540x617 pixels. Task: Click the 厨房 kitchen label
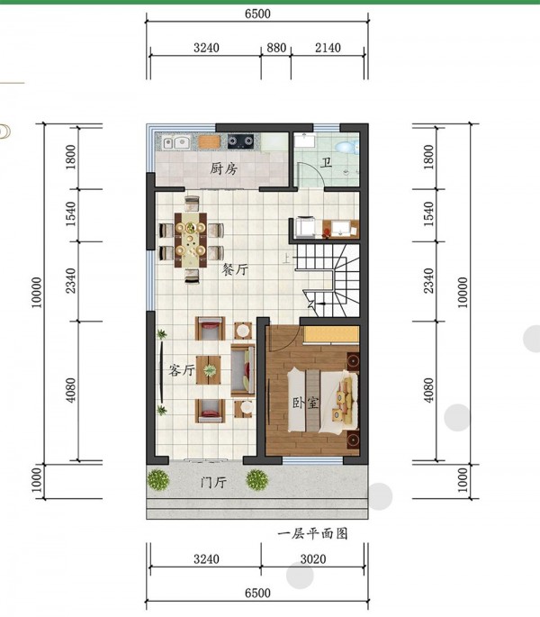(x=223, y=168)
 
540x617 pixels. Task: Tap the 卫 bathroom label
(x=325, y=162)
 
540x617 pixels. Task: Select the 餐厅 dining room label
(x=235, y=269)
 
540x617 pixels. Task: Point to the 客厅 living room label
(x=181, y=370)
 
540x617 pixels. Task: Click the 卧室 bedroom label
(x=305, y=403)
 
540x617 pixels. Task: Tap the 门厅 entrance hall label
(x=213, y=483)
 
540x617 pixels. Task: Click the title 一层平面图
(x=312, y=533)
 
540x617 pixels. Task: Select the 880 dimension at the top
(x=276, y=48)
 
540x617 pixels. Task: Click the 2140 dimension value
(x=328, y=48)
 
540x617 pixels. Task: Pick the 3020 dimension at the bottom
(x=313, y=558)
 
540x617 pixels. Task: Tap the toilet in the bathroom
(x=346, y=147)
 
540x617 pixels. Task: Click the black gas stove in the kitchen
(x=240, y=141)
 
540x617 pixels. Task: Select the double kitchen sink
(x=176, y=142)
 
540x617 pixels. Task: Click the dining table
(x=191, y=240)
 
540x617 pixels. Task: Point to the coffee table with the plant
(x=209, y=370)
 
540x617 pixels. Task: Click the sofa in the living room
(x=243, y=370)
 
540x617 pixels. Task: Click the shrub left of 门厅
(x=158, y=480)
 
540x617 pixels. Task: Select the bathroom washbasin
(x=305, y=141)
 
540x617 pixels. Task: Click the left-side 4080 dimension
(x=70, y=390)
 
